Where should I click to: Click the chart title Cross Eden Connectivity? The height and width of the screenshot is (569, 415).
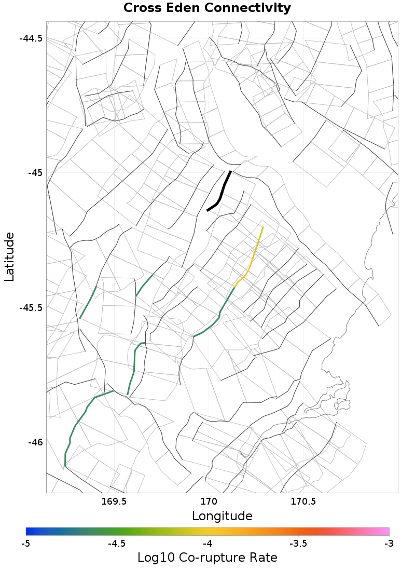207,8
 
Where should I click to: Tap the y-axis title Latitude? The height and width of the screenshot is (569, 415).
9,257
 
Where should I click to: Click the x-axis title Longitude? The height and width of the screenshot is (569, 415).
222,516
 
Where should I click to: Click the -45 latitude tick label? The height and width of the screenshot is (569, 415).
35,172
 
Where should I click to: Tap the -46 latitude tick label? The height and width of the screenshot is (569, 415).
35,442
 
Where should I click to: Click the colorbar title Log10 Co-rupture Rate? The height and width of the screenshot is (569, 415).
207,558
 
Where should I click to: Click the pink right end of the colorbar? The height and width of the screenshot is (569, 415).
386,531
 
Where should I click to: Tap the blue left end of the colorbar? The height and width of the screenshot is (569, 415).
29,531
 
